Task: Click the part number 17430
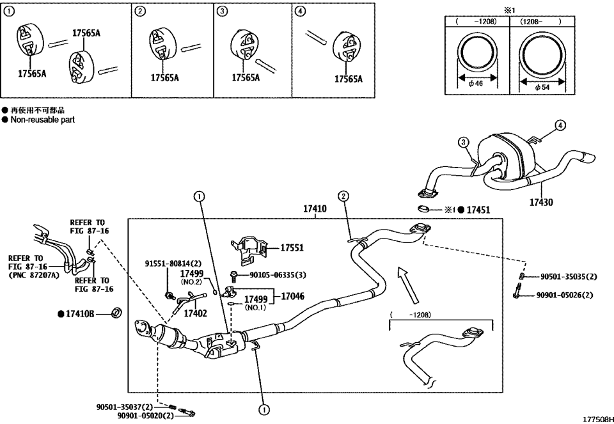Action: coord(540,202)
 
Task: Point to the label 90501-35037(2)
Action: coord(125,405)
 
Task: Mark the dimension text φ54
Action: coord(542,86)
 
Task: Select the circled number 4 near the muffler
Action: coord(559,125)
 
